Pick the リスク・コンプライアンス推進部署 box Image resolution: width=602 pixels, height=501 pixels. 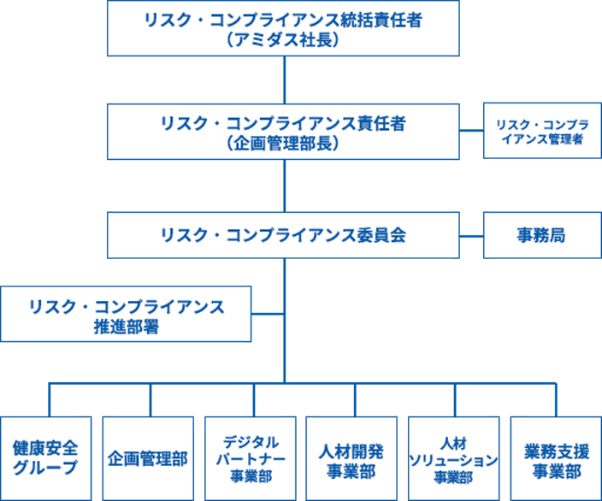126,315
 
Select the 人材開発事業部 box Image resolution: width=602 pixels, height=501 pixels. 351,458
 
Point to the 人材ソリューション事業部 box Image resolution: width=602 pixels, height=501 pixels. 453,458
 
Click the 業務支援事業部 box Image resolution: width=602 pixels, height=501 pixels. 556,458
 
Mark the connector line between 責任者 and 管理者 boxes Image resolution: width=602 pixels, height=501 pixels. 471,131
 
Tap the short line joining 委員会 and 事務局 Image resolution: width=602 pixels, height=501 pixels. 471,234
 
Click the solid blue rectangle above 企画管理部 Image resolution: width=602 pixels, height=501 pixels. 201,398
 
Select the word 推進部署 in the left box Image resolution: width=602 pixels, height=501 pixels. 126,327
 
